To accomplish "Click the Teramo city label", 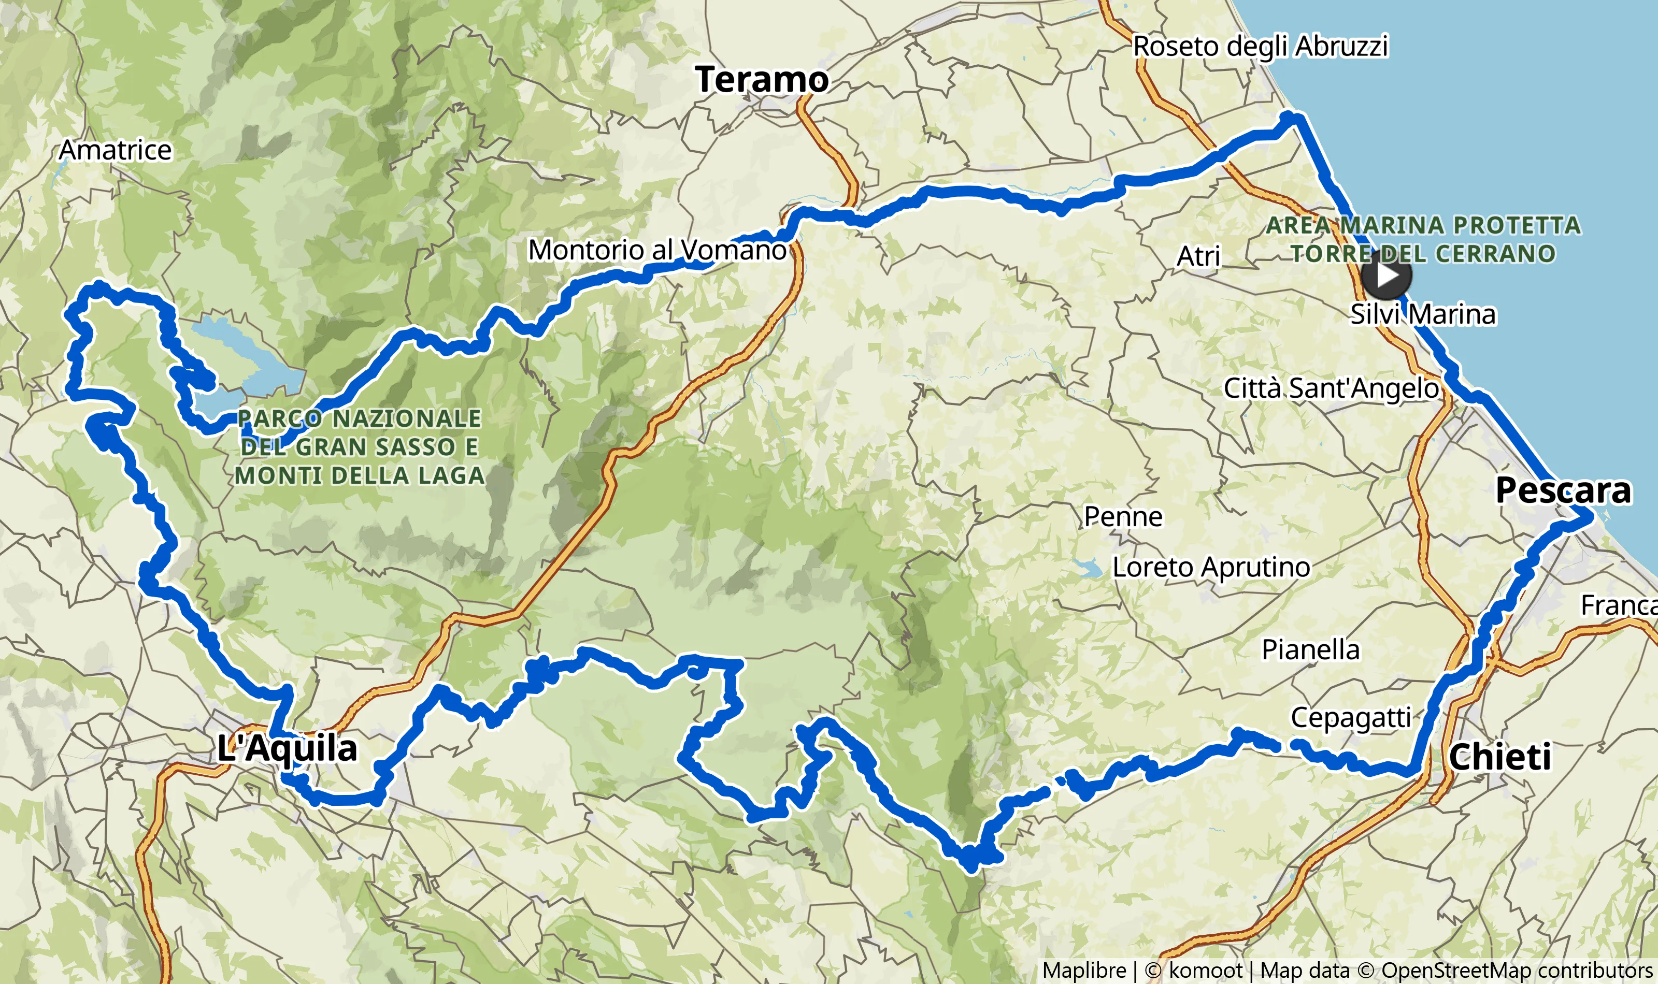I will (762, 80).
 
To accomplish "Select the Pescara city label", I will (1563, 490).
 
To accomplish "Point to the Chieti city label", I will (1500, 757).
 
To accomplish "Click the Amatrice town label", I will (116, 151).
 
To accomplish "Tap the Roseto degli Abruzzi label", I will (1260, 47).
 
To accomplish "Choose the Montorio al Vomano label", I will (656, 250).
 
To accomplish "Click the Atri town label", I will (1198, 256).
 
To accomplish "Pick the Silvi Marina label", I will (1423, 314).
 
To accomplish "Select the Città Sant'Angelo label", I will (1331, 388).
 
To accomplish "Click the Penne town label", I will (1123, 516).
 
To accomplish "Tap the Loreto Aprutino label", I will (1211, 568).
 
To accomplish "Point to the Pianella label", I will (1310, 650).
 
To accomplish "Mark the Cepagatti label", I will (1351, 717).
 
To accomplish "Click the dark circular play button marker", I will (1386, 274).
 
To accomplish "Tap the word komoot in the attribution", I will (1205, 971).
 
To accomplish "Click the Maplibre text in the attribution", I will (1084, 971).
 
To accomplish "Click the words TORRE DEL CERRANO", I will (1423, 254).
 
